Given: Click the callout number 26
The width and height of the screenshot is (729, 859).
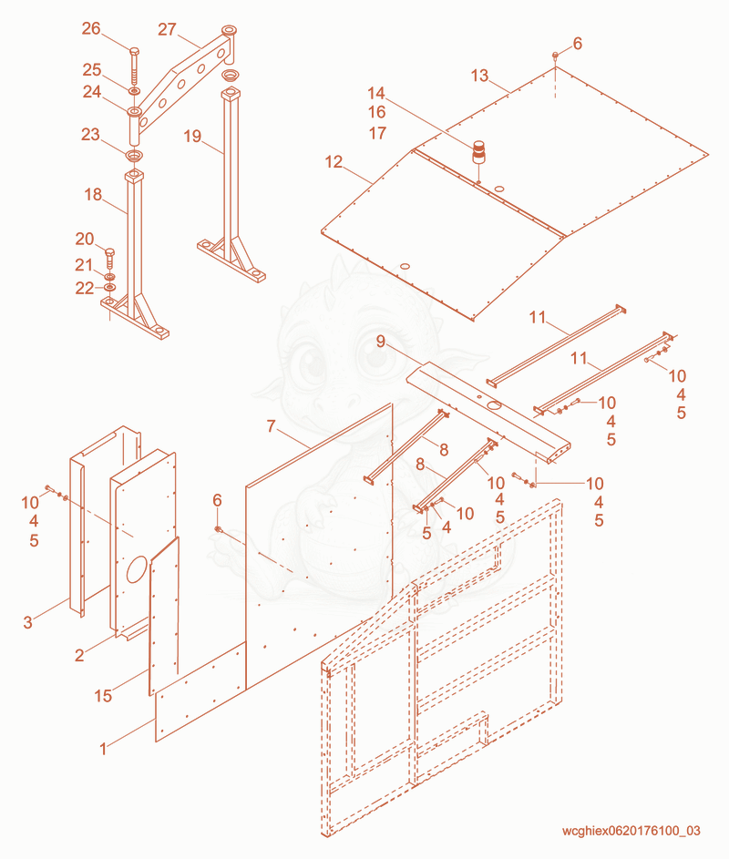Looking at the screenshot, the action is pos(91,28).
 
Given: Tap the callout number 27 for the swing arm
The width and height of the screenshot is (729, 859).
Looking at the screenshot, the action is pos(167,29).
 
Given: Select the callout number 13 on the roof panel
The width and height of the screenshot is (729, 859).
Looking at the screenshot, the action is pos(479,76).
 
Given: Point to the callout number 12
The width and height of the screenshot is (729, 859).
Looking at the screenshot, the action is pos(334,161).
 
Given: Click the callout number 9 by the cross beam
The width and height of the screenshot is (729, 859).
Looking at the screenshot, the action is pos(381,342).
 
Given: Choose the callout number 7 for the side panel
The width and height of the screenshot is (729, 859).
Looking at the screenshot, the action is pos(271,425).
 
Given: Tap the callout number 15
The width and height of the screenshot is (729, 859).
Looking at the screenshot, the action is pos(103,696).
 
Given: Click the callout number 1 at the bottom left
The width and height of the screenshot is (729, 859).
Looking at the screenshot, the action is pos(103,749).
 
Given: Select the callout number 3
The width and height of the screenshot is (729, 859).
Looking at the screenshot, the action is pos(28,622).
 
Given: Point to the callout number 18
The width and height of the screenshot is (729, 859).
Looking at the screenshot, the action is pos(93,194).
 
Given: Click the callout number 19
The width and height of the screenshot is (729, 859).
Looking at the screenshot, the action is pos(192,136).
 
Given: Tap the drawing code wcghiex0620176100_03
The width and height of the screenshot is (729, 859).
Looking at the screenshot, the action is pos(631,831).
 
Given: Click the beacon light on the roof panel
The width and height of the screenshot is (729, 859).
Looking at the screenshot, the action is pos(479,152).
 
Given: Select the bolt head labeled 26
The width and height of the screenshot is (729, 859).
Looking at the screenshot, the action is pos(134,52).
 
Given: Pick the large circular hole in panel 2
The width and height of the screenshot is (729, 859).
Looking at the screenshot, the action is pos(137,569).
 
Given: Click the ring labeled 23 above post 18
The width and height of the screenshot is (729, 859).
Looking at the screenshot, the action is pos(134,156).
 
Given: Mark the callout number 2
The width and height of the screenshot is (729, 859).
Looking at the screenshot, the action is pos(79,655).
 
